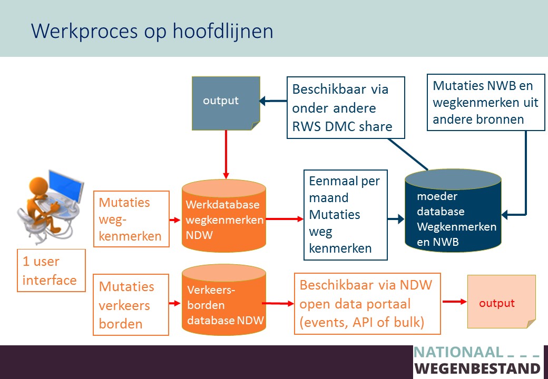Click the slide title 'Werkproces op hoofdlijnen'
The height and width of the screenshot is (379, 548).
pos(152,32)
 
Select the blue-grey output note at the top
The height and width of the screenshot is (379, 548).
pos(226,103)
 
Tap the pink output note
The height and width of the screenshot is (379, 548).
pos(502,302)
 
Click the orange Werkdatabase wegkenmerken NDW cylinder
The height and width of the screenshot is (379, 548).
pos(224,216)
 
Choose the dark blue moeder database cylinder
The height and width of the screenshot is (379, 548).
pos(453,211)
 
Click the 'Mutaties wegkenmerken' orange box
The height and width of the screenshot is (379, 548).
pos(131,219)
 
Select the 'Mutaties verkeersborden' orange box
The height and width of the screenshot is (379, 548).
pos(131,305)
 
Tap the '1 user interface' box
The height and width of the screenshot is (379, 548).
pos(52,271)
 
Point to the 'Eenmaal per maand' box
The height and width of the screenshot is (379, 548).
pos(346,215)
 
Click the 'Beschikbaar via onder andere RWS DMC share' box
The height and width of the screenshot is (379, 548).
pos(346,108)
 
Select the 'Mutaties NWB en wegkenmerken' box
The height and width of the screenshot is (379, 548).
pos(486,102)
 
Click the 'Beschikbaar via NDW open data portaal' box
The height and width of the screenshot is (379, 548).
pos(367,304)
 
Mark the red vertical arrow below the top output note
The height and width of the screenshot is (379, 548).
pos(226,155)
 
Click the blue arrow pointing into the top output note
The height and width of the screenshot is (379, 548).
pos(273,101)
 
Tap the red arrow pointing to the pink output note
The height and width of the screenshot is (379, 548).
pos(455,302)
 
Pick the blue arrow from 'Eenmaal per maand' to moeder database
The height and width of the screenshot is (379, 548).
pos(396,219)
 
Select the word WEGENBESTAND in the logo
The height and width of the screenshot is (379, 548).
pos(477,368)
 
